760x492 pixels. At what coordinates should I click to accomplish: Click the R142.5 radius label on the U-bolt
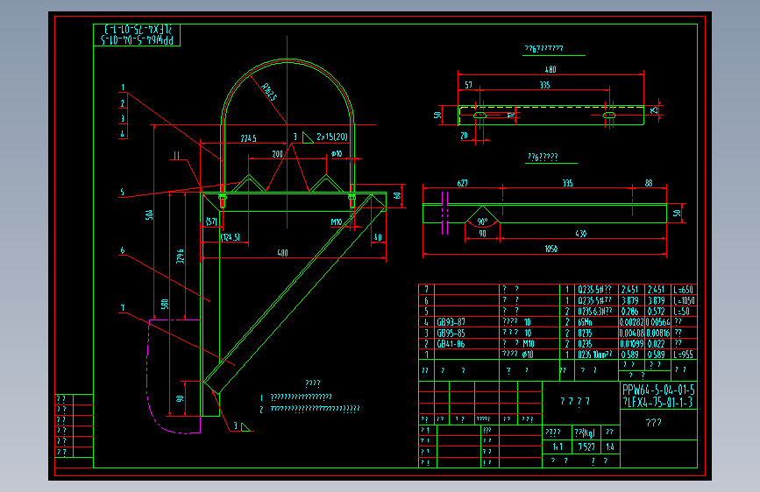268,91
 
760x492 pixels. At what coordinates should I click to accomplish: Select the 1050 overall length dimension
550,249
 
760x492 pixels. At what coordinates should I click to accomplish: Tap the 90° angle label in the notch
483,221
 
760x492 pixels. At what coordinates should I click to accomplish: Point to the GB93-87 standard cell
451,321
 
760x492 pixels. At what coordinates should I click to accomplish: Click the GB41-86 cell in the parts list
451,343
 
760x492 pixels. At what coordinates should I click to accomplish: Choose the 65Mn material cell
587,321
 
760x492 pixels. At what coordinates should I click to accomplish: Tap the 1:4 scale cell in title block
610,446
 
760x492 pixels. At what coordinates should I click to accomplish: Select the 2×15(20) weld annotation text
332,137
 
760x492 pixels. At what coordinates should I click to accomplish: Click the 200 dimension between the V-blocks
278,153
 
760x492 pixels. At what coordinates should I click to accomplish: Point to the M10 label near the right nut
336,222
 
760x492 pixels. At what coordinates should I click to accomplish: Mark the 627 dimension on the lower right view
462,183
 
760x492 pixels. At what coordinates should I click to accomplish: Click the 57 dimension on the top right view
469,86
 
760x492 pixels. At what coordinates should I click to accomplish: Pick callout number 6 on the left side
124,250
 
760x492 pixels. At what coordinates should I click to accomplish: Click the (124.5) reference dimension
231,237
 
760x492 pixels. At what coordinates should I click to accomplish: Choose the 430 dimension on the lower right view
580,234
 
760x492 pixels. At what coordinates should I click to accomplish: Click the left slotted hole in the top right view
480,115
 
